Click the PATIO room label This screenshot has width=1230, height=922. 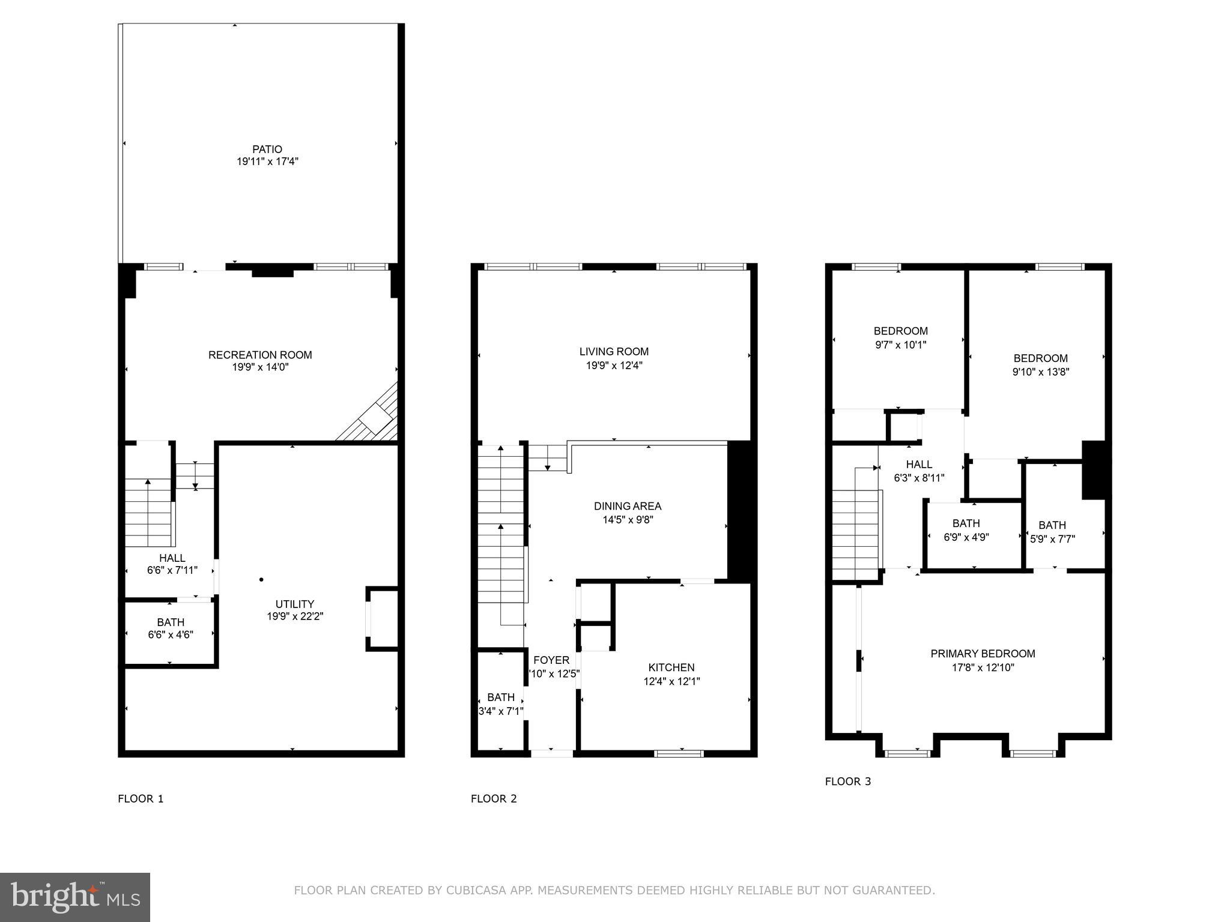pyautogui.click(x=267, y=149)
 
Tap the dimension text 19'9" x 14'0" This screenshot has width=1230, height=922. pyautogui.click(x=261, y=367)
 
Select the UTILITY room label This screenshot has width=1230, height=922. pyautogui.click(x=294, y=604)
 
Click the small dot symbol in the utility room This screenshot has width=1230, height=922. pyautogui.click(x=261, y=579)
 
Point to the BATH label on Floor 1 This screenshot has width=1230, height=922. pyautogui.click(x=171, y=622)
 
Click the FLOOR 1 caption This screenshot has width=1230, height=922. pyautogui.click(x=141, y=798)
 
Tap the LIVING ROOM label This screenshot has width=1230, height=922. pyautogui.click(x=614, y=352)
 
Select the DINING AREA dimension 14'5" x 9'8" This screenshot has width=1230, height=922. pyautogui.click(x=628, y=520)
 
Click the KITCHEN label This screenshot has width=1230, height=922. pyautogui.click(x=671, y=667)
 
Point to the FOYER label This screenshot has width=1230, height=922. pyautogui.click(x=551, y=660)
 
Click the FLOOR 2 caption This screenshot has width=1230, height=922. pyautogui.click(x=494, y=798)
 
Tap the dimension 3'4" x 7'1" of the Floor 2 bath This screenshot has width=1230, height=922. pyautogui.click(x=501, y=711)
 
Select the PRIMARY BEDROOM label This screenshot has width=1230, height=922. pyautogui.click(x=983, y=654)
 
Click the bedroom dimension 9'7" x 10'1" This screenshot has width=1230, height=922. pyautogui.click(x=900, y=345)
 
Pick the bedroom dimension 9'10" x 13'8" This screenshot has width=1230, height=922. pyautogui.click(x=1040, y=372)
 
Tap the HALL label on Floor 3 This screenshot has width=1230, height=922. pyautogui.click(x=919, y=464)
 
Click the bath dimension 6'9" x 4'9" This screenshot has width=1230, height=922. pyautogui.click(x=966, y=537)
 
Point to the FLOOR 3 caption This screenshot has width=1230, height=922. pyautogui.click(x=847, y=781)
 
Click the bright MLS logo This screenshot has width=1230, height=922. pyautogui.click(x=75, y=897)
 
